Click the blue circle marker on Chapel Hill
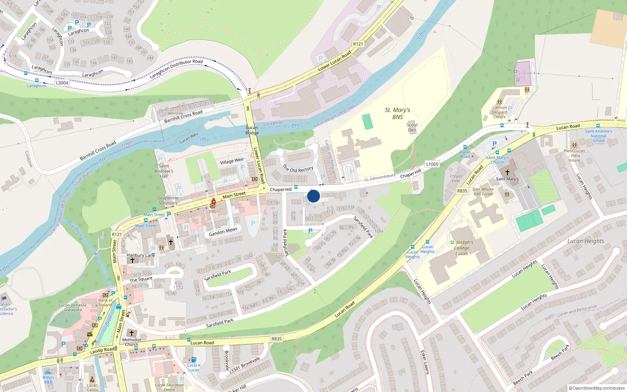click(x=313, y=196)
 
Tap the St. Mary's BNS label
click(x=397, y=114)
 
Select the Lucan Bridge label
click(x=252, y=130)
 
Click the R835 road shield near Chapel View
click(x=462, y=191)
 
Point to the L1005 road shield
click(x=432, y=164)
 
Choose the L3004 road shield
click(x=62, y=83)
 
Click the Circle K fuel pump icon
click(x=193, y=359)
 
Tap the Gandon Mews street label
click(x=223, y=232)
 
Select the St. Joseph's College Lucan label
click(x=462, y=248)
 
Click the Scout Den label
click(x=412, y=127)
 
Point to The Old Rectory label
click(x=298, y=169)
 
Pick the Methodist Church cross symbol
click(x=132, y=333)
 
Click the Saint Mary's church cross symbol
click(x=507, y=172)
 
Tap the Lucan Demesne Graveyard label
click(x=73, y=307)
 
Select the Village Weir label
click(x=232, y=161)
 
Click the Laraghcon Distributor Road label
click(x=176, y=68)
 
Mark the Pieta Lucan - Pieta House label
click(x=574, y=156)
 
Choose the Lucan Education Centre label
click(x=169, y=387)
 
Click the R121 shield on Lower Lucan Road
click(x=358, y=44)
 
